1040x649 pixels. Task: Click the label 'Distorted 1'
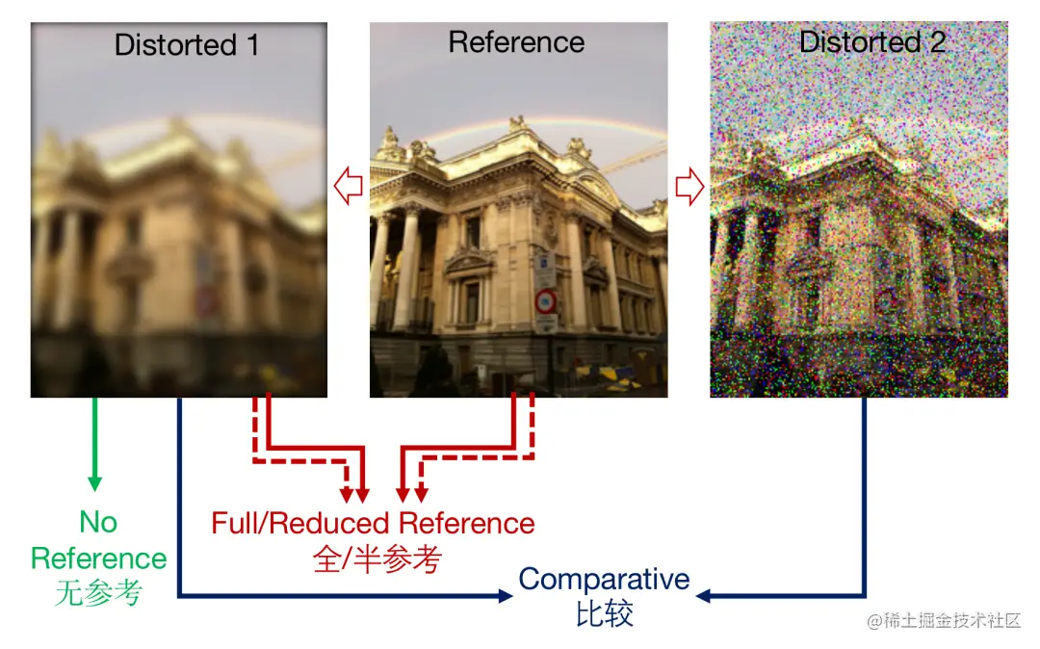186,45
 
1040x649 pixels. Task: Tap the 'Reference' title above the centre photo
516,42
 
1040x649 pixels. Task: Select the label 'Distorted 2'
871,42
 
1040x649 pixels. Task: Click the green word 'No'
98,522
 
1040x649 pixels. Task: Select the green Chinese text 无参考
98,593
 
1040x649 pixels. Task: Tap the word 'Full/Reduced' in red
300,524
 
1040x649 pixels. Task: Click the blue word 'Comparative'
604,580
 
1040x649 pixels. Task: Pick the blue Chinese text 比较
605,614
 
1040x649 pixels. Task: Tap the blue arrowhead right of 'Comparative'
704,596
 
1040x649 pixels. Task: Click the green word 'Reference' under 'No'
98,558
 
